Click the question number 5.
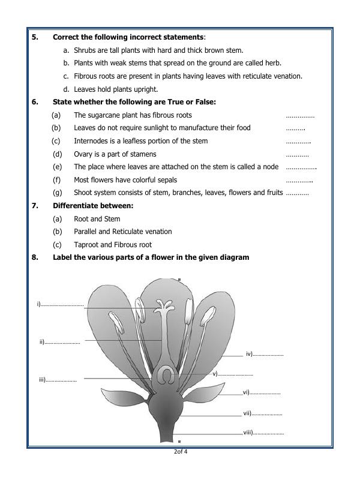tap(35, 37)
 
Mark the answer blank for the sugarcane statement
tap(300, 115)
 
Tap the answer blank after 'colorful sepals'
tap(299, 180)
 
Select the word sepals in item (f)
tap(166, 180)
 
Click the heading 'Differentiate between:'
tap(93, 206)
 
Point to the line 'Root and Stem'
tap(97, 219)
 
